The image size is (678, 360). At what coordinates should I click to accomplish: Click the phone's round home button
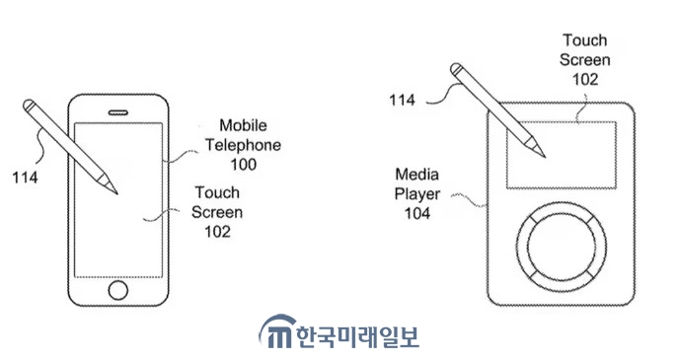coord(118,290)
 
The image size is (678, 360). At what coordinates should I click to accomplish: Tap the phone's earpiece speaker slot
coord(118,112)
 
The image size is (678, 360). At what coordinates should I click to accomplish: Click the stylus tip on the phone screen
coord(115,192)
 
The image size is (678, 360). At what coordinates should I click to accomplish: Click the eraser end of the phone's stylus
coord(29,105)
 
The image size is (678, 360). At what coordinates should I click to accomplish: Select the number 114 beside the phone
coord(25,178)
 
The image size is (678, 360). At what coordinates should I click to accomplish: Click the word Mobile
coord(243,125)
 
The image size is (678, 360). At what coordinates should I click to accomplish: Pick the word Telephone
coord(243,145)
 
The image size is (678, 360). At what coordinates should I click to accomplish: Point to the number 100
coord(244,165)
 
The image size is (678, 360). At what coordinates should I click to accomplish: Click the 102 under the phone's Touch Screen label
coord(217,232)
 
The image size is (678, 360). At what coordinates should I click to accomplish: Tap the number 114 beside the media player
coord(402,101)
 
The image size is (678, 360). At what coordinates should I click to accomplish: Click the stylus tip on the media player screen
coord(544,156)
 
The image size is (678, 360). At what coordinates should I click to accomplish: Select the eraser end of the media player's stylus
coord(456,69)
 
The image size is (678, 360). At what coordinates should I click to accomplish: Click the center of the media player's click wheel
coord(562,247)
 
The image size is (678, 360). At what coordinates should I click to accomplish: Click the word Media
coord(416,175)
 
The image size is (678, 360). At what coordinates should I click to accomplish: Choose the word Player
coord(416,194)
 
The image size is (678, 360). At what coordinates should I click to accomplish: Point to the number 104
coord(417,213)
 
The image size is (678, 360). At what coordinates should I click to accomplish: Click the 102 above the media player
coord(585,80)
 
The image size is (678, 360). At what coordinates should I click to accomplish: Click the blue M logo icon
coord(278,331)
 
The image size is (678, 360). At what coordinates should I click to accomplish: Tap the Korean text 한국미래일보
coord(358,336)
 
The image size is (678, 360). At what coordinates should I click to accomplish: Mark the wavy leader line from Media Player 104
coord(470,199)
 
